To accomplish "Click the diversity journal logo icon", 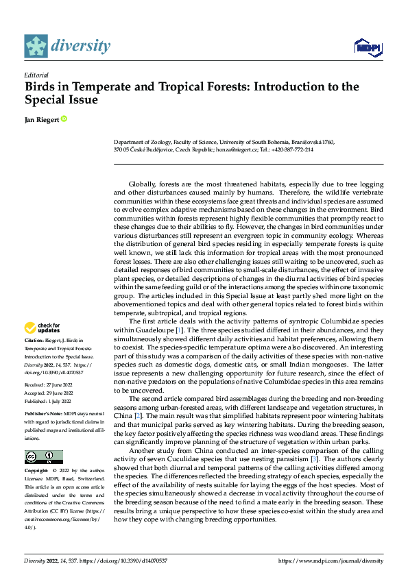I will [36, 46].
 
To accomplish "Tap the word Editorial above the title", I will [36, 75].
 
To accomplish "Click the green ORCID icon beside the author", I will [64, 119].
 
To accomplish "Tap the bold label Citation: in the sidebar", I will [36, 339].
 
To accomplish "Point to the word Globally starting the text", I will [141, 185].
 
